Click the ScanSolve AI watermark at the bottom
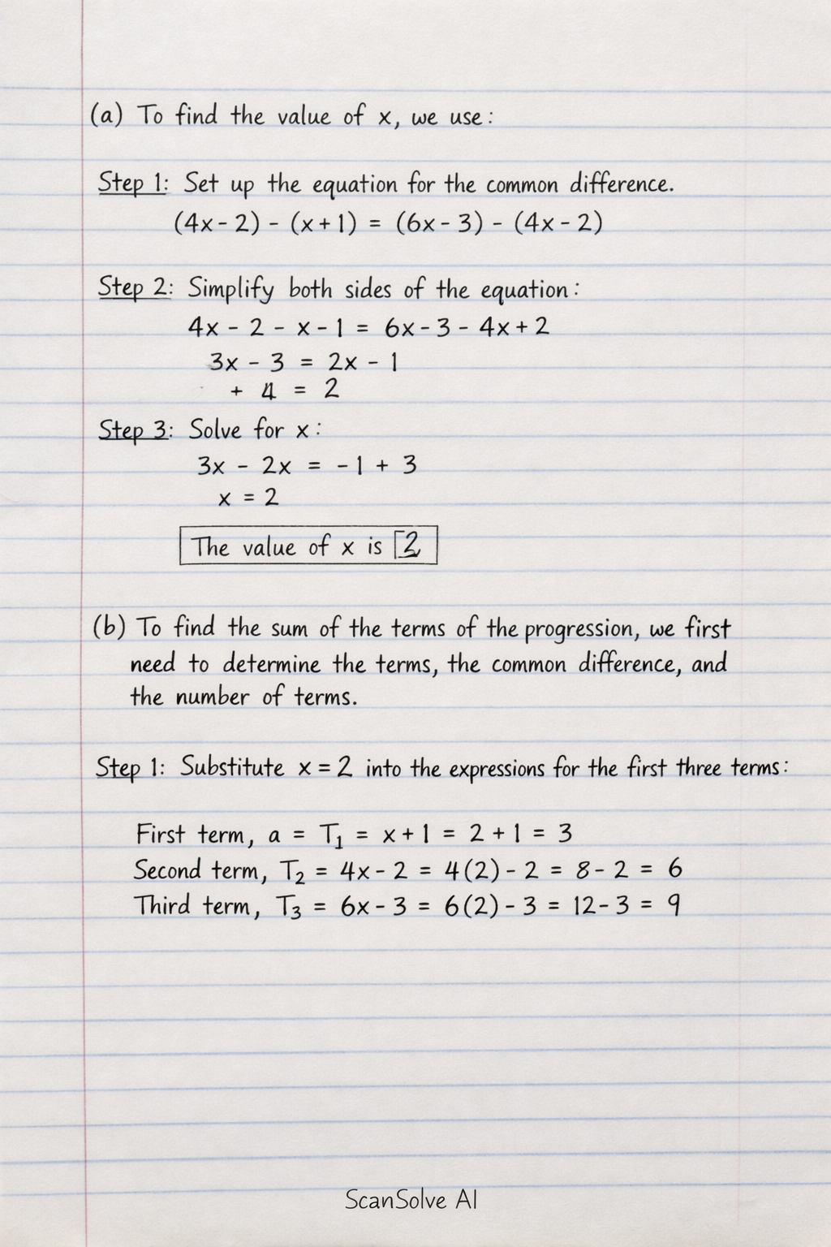point(411,1199)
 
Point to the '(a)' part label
point(105,114)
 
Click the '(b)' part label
point(109,627)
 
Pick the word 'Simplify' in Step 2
point(231,289)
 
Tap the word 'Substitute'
point(232,767)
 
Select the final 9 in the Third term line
point(672,904)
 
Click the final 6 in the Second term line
point(674,869)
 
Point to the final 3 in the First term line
point(566,833)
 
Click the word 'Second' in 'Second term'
point(167,870)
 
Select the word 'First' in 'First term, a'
point(161,834)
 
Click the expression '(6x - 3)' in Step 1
point(438,222)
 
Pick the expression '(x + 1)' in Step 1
point(323,222)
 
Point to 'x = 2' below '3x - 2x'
point(248,497)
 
